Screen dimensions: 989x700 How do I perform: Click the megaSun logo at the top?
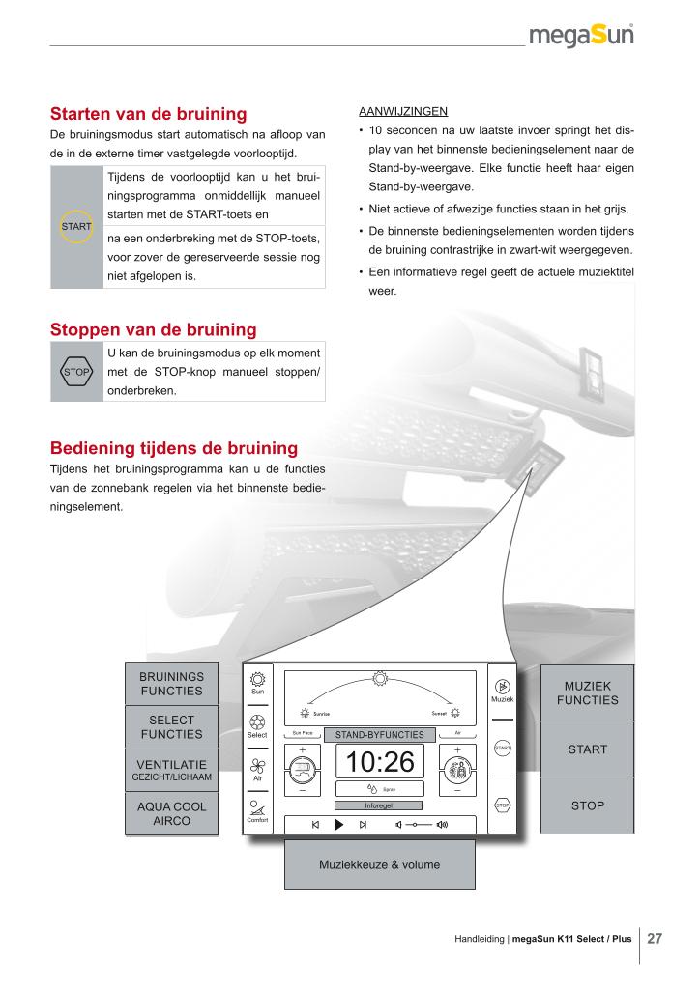[580, 37]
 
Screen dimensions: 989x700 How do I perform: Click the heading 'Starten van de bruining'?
[148, 114]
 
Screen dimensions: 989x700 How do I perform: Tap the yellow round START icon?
[76, 226]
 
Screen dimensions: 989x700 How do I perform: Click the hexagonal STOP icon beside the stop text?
[76, 371]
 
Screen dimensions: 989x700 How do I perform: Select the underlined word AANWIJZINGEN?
[396, 111]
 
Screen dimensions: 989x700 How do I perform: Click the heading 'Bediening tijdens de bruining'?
[173, 448]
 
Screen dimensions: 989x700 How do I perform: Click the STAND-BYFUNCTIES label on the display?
[379, 735]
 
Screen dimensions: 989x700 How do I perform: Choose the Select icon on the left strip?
[257, 721]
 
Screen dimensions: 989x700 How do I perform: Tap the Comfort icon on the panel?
[257, 807]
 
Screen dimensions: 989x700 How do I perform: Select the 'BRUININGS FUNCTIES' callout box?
[171, 684]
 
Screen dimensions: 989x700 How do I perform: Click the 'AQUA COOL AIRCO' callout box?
[171, 813]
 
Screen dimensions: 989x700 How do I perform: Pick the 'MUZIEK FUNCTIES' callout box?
[587, 692]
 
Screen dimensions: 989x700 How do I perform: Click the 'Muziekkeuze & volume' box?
[379, 864]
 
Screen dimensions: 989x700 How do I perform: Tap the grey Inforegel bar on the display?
[379, 805]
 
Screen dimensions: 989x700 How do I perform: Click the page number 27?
[655, 938]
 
